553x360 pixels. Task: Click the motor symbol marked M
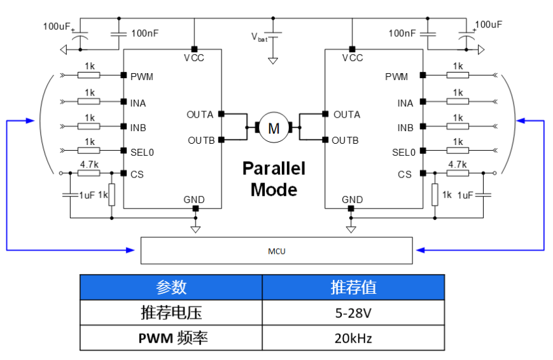click(x=273, y=128)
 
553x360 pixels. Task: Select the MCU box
click(x=276, y=251)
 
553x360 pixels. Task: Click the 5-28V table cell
click(x=353, y=313)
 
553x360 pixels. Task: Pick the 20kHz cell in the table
click(x=353, y=338)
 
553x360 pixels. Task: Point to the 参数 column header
click(x=171, y=287)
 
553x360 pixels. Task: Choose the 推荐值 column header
click(x=353, y=287)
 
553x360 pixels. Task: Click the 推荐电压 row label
click(x=171, y=313)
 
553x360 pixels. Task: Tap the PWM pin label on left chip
click(x=142, y=77)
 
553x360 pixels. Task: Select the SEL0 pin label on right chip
click(x=403, y=153)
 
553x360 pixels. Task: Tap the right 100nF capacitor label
click(x=402, y=33)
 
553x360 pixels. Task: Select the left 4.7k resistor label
click(x=89, y=164)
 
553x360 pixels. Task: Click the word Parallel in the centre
click(x=274, y=169)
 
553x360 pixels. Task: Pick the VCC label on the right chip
click(x=352, y=58)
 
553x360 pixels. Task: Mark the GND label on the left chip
click(x=194, y=200)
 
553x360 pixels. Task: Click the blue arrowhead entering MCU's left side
click(x=135, y=251)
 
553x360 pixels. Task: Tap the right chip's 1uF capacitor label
click(x=466, y=195)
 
